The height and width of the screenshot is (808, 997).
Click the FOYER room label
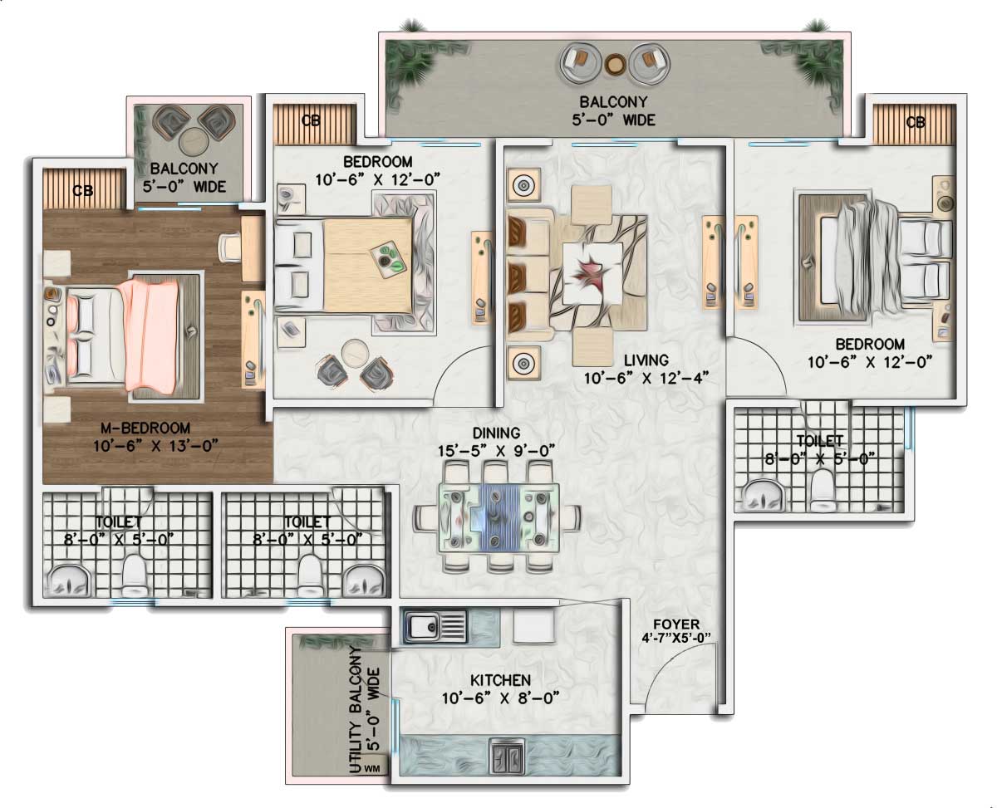coord(676,624)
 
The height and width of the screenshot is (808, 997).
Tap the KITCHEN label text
coord(500,680)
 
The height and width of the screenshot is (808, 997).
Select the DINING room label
coord(496,433)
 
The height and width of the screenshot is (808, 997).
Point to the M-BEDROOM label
coord(145,428)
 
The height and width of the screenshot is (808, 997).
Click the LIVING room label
coord(646,360)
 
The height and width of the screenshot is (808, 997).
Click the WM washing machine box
coord(372,768)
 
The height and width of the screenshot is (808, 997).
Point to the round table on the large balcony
coord(615,65)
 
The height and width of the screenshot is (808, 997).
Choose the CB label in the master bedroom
coord(83,190)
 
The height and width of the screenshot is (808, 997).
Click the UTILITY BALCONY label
coord(364,710)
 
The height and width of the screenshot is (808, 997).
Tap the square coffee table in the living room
coord(592,273)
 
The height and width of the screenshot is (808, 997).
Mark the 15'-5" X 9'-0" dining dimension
coord(496,451)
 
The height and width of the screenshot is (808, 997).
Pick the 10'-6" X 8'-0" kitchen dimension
coord(500,698)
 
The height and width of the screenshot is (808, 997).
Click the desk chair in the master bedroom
coord(231,247)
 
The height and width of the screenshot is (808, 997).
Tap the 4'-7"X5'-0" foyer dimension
coord(676,637)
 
